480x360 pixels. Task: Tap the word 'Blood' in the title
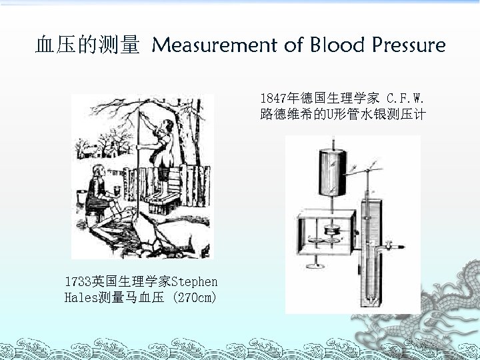point(336,45)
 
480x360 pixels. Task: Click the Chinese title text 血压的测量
point(87,45)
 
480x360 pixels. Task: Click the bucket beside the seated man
point(82,197)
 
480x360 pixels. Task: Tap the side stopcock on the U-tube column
point(393,247)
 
